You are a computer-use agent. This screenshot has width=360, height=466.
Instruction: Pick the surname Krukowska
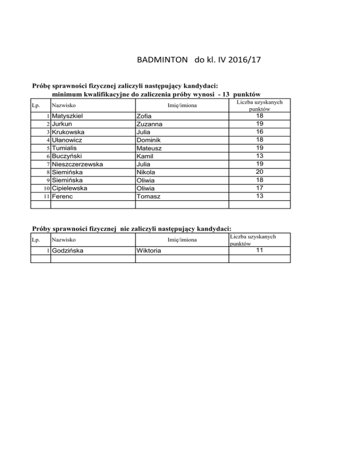pyautogui.click(x=71, y=132)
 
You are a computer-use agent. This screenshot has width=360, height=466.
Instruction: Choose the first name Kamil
pyautogui.click(x=146, y=156)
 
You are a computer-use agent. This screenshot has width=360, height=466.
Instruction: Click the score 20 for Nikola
pyautogui.click(x=259, y=172)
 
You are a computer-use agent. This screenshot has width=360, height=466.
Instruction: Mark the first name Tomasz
pyautogui.click(x=148, y=196)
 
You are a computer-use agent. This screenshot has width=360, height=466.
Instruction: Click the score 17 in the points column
pyautogui.click(x=259, y=188)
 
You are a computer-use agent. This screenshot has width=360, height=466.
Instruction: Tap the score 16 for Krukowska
pyautogui.click(x=259, y=132)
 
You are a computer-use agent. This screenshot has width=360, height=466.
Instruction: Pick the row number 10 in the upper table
pyautogui.click(x=45, y=188)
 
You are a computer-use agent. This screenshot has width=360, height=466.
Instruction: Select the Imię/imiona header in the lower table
pyautogui.click(x=182, y=240)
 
